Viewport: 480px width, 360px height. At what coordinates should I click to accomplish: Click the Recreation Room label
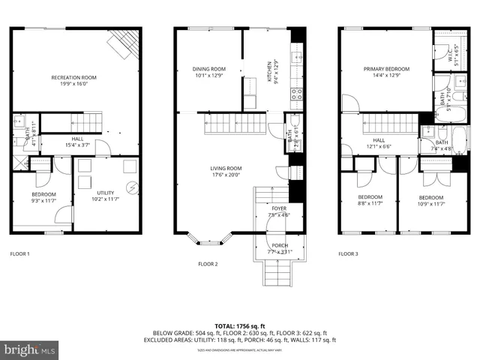point(73,77)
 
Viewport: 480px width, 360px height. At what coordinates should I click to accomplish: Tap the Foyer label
point(278,208)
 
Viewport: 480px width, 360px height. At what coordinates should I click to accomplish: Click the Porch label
point(279,245)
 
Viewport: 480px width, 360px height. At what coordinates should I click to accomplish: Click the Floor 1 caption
point(20,253)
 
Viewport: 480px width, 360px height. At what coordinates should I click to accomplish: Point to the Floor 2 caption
point(208,264)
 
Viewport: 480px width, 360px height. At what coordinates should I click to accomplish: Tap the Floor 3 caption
point(348,253)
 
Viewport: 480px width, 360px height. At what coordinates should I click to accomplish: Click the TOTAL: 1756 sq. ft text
point(240,326)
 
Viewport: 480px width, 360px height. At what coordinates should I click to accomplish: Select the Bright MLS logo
point(30,349)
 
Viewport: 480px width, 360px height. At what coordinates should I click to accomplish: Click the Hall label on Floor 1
point(78,138)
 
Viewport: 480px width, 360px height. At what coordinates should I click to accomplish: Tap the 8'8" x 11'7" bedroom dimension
point(370,203)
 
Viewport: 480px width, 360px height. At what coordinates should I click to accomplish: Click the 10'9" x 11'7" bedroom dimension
point(431,203)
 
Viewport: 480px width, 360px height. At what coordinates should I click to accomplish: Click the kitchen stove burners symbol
point(296,94)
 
